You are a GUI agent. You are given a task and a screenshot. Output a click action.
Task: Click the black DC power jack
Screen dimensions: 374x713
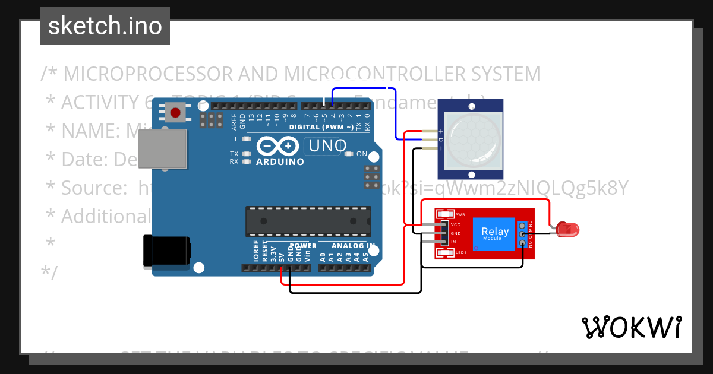click(167, 252)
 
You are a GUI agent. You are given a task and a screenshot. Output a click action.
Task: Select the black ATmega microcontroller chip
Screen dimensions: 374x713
click(308, 221)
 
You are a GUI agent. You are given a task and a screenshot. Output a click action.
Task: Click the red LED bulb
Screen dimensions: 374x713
click(569, 229)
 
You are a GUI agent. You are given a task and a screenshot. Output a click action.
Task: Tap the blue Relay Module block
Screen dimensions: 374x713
click(494, 233)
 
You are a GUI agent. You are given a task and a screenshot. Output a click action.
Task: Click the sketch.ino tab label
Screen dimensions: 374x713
click(105, 26)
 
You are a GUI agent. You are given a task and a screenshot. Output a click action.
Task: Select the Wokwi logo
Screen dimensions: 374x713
click(631, 327)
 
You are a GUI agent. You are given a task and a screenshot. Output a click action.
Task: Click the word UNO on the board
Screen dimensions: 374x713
click(326, 145)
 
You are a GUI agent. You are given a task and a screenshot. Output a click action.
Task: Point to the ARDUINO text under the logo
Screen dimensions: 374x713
click(280, 161)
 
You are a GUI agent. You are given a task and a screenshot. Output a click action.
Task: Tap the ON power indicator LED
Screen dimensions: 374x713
click(349, 154)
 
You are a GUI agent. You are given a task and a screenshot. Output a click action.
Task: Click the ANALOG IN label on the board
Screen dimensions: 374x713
click(353, 246)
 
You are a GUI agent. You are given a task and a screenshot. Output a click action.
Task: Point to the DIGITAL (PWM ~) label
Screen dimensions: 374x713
click(321, 127)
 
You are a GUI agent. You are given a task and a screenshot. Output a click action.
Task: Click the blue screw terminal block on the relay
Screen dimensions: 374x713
click(522, 234)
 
